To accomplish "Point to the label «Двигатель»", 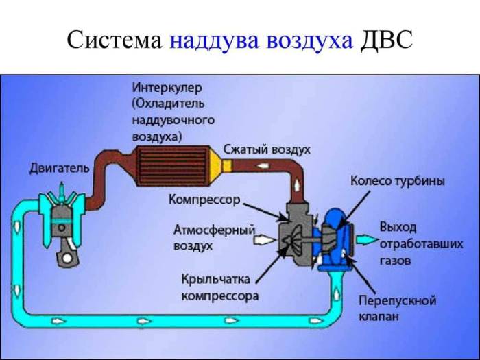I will click(x=59, y=168).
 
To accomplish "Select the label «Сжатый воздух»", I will click(x=267, y=149).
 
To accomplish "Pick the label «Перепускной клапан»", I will click(x=397, y=309).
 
